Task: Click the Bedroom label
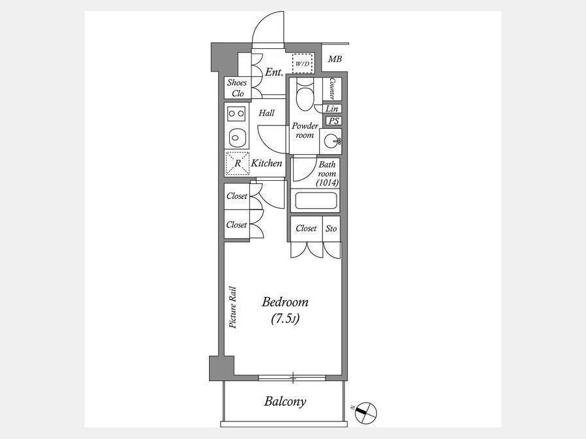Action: (285, 302)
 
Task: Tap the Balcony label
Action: (285, 401)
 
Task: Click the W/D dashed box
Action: (302, 63)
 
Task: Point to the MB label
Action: (335, 59)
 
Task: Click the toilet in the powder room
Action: (305, 95)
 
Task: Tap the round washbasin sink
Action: (331, 141)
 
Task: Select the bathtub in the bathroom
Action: (316, 201)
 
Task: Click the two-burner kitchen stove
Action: (236, 113)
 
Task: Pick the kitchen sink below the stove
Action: (236, 138)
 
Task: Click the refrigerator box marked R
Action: (237, 163)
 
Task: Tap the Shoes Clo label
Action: (237, 88)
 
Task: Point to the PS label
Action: (333, 121)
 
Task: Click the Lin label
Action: (332, 109)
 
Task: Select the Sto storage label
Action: (331, 228)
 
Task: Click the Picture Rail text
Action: (233, 307)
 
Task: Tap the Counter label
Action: (332, 88)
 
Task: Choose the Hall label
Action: (267, 113)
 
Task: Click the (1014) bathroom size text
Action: (328, 183)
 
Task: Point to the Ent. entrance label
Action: (274, 72)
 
